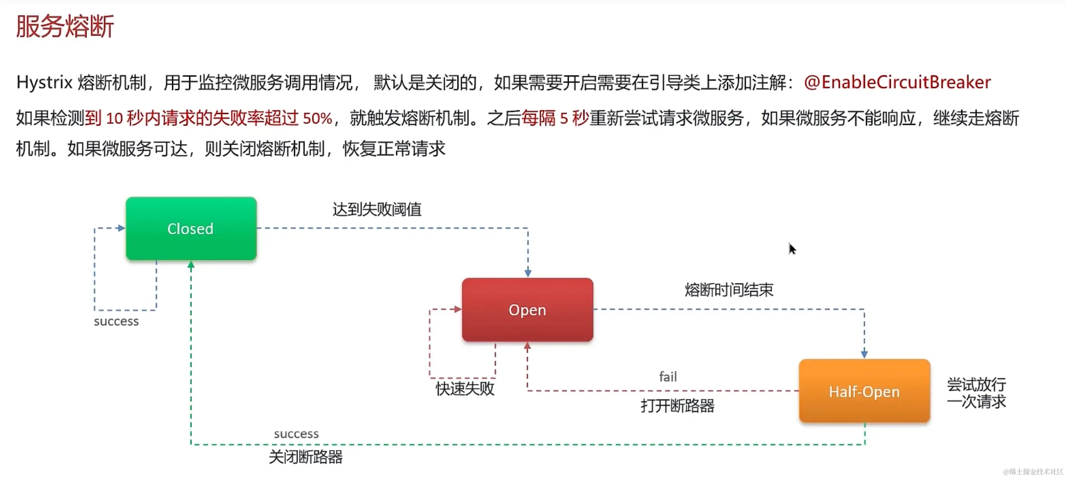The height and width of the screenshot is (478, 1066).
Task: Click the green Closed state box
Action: click(x=191, y=228)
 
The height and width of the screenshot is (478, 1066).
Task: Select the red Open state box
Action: click(x=527, y=309)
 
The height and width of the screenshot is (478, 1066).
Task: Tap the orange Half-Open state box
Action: click(x=864, y=391)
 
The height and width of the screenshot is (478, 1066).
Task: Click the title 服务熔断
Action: click(x=65, y=27)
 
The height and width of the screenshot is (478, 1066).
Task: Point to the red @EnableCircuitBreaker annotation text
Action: click(x=897, y=82)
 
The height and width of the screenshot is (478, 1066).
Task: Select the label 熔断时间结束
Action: click(x=729, y=289)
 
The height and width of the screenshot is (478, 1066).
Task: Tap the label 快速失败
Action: click(x=465, y=389)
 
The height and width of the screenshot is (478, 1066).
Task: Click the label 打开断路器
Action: click(x=678, y=406)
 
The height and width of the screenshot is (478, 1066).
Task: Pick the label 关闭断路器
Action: click(x=306, y=457)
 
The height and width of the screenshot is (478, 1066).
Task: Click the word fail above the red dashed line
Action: click(x=668, y=376)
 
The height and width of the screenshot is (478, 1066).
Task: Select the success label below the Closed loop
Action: click(x=116, y=321)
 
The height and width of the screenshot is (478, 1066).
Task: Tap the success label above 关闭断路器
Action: click(x=296, y=434)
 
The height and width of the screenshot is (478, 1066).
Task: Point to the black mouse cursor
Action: click(x=792, y=248)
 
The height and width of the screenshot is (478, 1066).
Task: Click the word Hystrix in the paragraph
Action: click(x=44, y=83)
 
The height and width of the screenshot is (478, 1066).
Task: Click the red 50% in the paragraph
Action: click(x=317, y=119)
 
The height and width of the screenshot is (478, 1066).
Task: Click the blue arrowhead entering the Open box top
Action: click(x=528, y=273)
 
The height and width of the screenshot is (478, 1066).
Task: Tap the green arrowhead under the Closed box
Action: click(x=191, y=265)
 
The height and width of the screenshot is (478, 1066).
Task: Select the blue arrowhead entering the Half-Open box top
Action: click(x=864, y=354)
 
